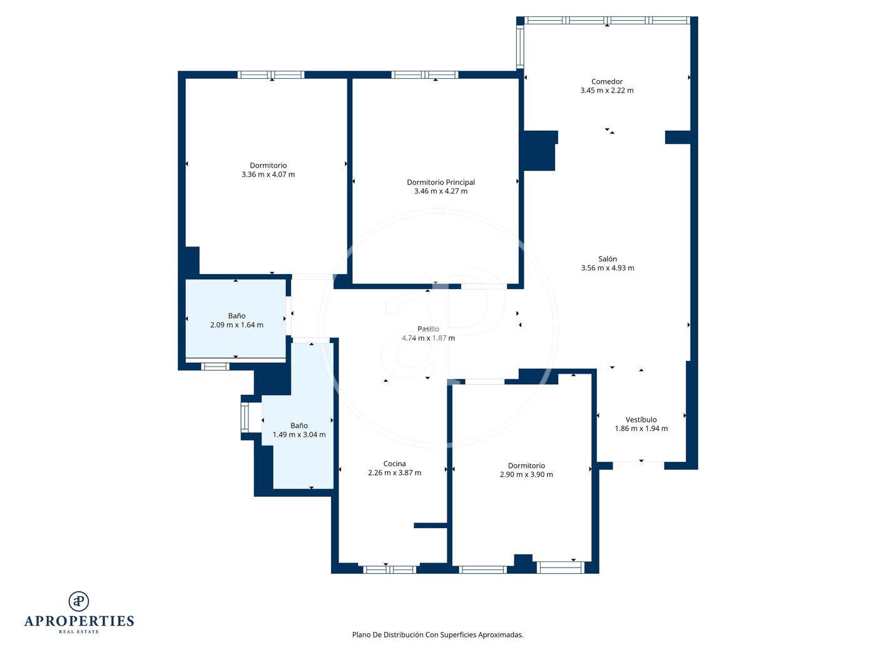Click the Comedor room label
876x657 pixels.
pos(606,81)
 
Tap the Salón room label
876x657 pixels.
pos(608,259)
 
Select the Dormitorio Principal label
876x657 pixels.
pos(441,182)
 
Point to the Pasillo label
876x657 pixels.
pos(428,328)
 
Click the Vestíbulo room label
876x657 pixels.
pos(641,419)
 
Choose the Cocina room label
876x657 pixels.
pos(394,464)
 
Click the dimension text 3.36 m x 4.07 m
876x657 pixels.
pos(268,175)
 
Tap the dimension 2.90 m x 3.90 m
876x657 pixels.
pos(526,474)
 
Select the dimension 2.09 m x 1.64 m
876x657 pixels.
pos(237,325)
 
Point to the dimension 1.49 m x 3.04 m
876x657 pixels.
pos(299,434)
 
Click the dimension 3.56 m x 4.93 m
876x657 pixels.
pos(608,268)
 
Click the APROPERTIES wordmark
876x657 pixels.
pos(79,621)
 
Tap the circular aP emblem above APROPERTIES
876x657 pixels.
pos(79,601)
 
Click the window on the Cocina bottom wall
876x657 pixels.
pos(390,569)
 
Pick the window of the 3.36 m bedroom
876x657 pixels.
pos(271,74)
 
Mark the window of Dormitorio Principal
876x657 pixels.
pos(425,74)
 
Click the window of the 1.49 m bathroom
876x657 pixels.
pos(245,417)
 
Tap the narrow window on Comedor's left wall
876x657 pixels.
pos(520,47)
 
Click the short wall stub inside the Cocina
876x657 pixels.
pos(430,526)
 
